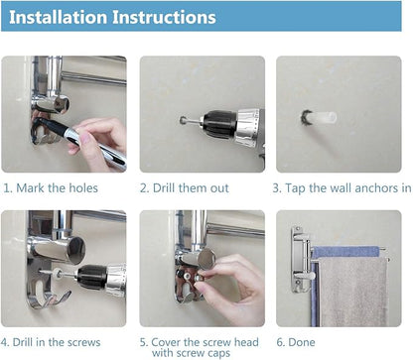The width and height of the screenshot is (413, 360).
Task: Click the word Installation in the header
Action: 59,17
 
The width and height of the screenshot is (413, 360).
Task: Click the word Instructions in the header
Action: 164,17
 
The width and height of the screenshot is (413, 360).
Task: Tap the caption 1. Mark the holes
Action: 51,188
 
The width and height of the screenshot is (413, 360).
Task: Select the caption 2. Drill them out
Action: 185,188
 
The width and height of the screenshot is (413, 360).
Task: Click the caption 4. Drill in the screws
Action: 51,342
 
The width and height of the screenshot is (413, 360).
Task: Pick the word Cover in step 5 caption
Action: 166,342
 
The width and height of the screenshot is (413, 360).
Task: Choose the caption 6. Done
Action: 296,342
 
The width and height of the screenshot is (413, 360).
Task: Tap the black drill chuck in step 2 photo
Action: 219,124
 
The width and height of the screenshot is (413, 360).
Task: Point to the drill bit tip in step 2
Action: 182,120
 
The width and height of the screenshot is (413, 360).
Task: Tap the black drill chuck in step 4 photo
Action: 91,276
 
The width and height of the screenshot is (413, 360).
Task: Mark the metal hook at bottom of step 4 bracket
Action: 50,300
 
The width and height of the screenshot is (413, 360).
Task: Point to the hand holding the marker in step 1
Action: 97,142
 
